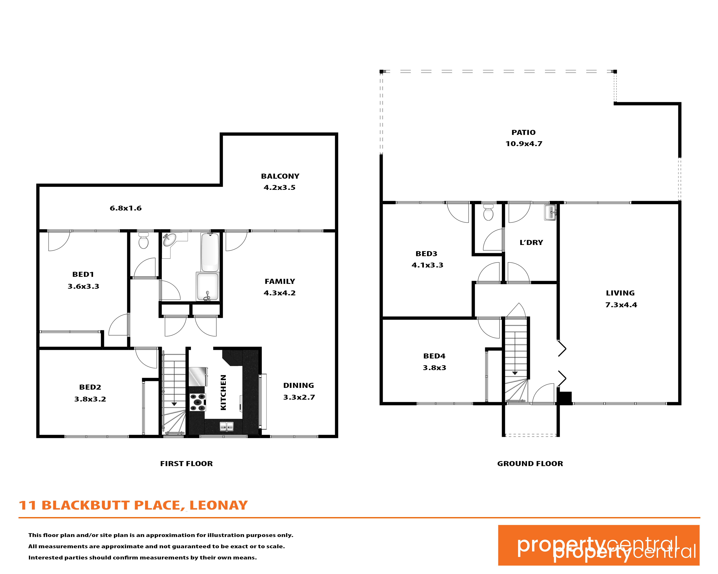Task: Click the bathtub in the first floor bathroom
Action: (210, 252)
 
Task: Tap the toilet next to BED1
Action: (143, 240)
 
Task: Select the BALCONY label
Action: (280, 176)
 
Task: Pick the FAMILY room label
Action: (280, 282)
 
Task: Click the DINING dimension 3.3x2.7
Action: (299, 397)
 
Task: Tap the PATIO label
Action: (524, 132)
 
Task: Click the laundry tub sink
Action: (550, 212)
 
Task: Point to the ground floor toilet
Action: (488, 212)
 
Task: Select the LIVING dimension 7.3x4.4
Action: (621, 305)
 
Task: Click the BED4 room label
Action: (434, 356)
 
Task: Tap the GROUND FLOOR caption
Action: (530, 464)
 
